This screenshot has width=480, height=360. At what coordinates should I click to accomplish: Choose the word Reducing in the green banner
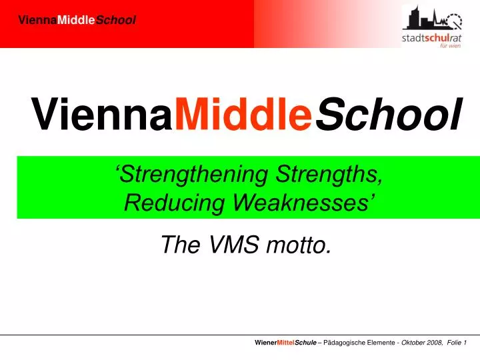[x=163, y=203]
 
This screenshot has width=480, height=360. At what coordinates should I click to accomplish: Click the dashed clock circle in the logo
[x=454, y=21]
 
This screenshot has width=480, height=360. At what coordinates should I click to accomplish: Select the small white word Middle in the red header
[x=77, y=21]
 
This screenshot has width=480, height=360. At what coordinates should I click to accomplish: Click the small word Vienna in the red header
[x=37, y=21]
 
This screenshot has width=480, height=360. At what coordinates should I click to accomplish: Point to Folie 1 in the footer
[x=457, y=341]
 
